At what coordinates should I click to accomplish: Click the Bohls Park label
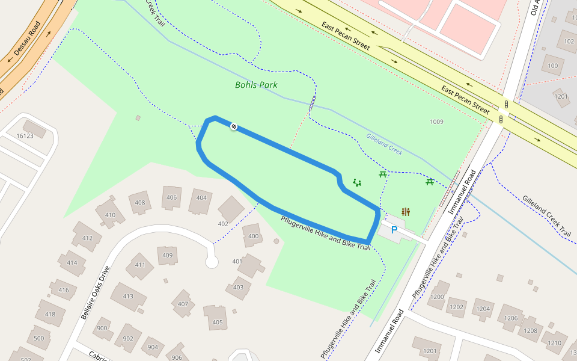[x=256, y=85]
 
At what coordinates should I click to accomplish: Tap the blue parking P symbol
[x=394, y=230]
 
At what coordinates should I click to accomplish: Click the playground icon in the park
[x=357, y=182]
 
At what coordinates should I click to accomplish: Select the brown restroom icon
[x=406, y=212]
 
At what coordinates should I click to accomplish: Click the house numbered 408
[x=140, y=203]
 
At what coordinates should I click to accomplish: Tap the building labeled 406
[x=172, y=197]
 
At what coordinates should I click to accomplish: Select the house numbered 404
[x=201, y=198]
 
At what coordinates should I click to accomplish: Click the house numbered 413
[x=127, y=296]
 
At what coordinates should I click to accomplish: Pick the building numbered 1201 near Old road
[x=561, y=96]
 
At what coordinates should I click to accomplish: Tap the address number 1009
[x=436, y=122]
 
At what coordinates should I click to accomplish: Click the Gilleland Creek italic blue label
[x=383, y=144]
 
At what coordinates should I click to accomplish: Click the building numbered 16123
[x=25, y=135]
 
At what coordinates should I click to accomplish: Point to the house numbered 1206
[x=511, y=318]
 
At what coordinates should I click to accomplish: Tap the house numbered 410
[x=109, y=215]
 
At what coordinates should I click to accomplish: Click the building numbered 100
[x=553, y=66]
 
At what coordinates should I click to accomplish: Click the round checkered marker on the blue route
[x=234, y=126]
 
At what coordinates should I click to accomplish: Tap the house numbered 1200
[x=437, y=297]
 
